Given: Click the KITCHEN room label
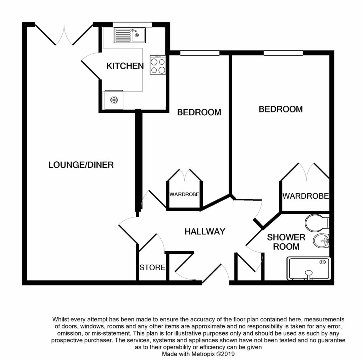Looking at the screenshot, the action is tap(125, 66).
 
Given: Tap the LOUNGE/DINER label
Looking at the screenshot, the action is tap(81, 165).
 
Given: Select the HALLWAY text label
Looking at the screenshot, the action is tap(205, 231).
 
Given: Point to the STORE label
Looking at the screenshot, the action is tap(152, 267).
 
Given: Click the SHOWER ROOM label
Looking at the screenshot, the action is tap(286, 242).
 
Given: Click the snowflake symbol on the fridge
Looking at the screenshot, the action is tap(114, 100).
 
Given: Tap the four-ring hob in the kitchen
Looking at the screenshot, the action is tap(158, 65).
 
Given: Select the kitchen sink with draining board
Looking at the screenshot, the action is tap(130, 35).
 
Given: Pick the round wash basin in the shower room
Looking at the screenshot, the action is tap(321, 241).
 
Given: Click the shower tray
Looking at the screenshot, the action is tap(308, 268).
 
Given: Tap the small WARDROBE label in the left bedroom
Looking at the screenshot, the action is tap(184, 194).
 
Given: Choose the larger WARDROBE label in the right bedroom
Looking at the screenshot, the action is tap(306, 196).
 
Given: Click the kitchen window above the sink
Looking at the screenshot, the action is tap(132, 24).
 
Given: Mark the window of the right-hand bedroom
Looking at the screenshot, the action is tap(283, 53).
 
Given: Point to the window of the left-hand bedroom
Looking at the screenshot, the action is tap(200, 53).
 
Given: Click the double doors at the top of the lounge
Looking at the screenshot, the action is tap(64, 35).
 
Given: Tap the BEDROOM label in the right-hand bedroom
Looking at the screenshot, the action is tap(281, 109).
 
